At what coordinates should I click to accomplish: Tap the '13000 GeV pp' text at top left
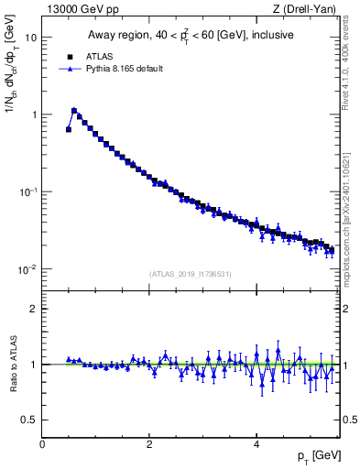71,9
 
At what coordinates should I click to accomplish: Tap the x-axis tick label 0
42,444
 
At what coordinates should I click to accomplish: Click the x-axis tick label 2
149,444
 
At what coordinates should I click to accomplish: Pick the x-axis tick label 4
256,444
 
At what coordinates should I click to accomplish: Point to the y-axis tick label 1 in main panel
33,115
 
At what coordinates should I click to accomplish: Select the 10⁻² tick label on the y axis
27,269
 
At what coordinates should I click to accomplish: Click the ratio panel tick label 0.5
28,420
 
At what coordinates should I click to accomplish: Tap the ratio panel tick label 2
33,309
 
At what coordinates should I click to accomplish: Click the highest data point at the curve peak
74,110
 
